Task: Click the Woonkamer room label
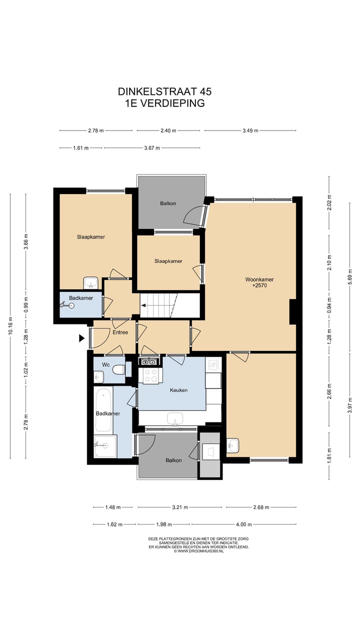click(x=259, y=279)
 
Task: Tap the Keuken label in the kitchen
click(x=179, y=390)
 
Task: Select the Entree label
click(x=120, y=332)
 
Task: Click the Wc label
click(x=105, y=365)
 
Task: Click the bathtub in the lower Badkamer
click(x=103, y=409)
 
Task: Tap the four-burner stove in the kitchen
click(x=150, y=375)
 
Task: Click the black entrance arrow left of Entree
click(x=82, y=338)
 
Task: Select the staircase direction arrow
click(x=143, y=305)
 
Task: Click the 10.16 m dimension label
click(x=10, y=325)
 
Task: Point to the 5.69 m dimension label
click(x=349, y=275)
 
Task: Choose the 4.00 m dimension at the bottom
click(x=244, y=524)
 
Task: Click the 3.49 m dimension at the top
click(x=250, y=130)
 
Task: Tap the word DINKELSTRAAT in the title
click(x=157, y=91)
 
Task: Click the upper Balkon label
click(x=168, y=203)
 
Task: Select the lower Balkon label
click(x=173, y=460)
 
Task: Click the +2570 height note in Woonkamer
click(x=259, y=285)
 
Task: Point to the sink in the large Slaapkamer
click(x=91, y=283)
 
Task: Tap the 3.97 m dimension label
click(x=349, y=405)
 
